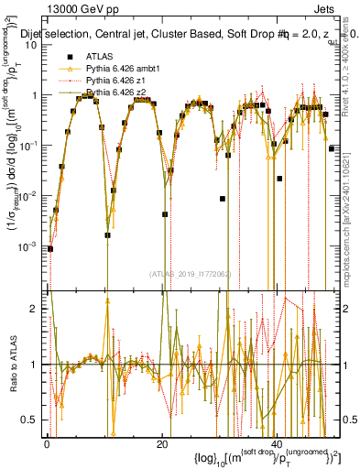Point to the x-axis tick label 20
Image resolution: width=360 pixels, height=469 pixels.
[162, 443]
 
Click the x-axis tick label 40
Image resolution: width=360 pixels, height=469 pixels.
[278, 443]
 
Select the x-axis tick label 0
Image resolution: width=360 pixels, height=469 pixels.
[47, 443]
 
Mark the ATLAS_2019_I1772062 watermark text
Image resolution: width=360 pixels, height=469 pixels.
[189, 273]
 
